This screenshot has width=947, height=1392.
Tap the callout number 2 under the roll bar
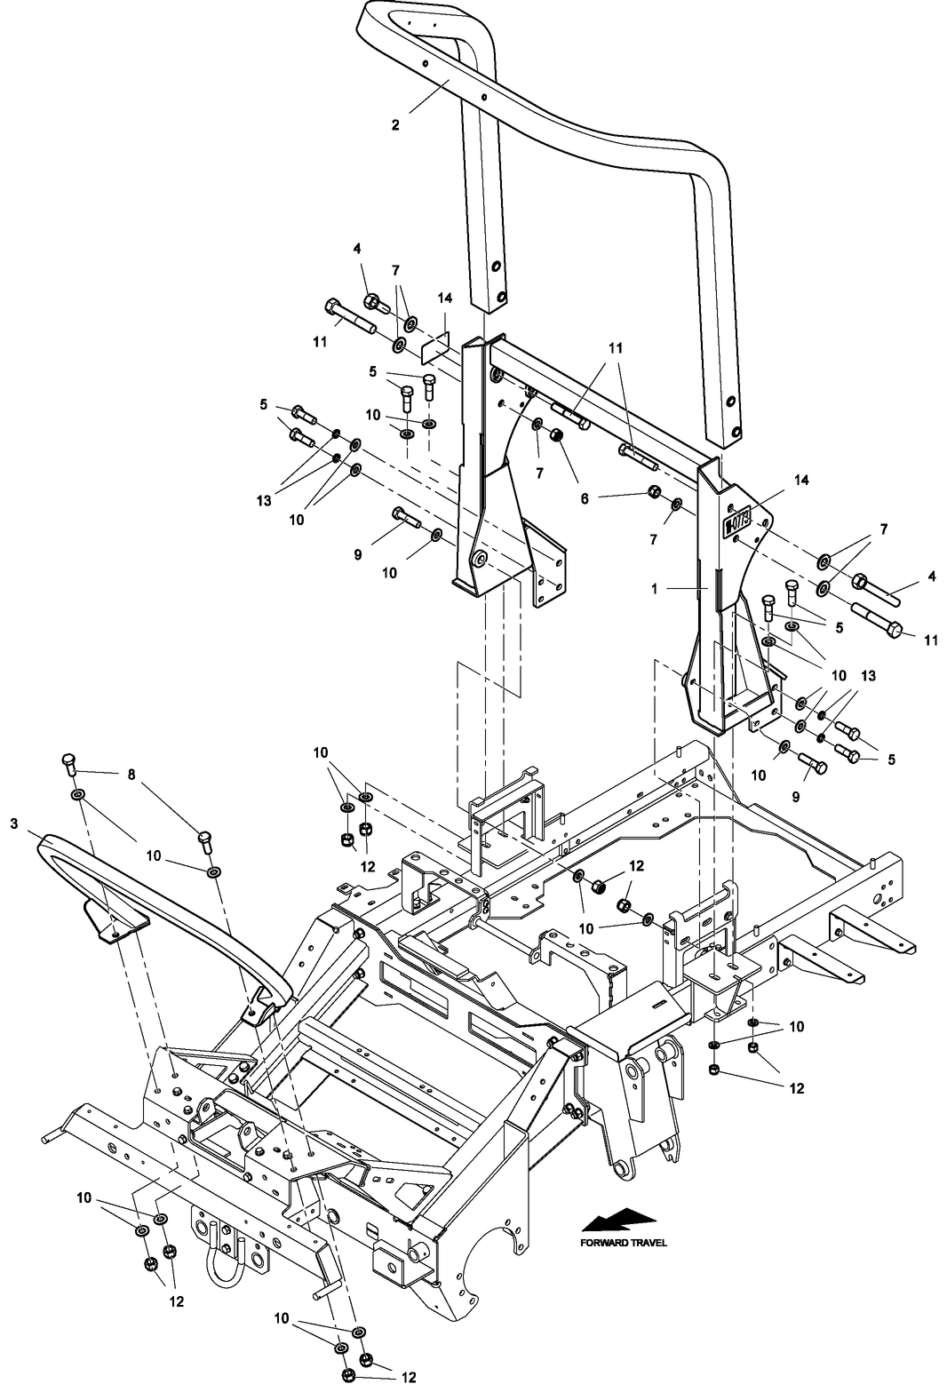pos(395,125)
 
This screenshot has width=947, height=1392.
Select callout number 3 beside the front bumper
pos(13,824)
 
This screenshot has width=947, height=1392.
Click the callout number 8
pos(132,775)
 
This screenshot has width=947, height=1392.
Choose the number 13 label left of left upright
pos(264,501)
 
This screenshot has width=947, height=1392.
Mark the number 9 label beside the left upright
pos(358,553)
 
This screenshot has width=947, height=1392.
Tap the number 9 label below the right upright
pos(795,797)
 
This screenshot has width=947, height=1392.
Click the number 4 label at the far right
pos(932,576)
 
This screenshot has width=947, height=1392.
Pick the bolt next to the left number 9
pos(406,517)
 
